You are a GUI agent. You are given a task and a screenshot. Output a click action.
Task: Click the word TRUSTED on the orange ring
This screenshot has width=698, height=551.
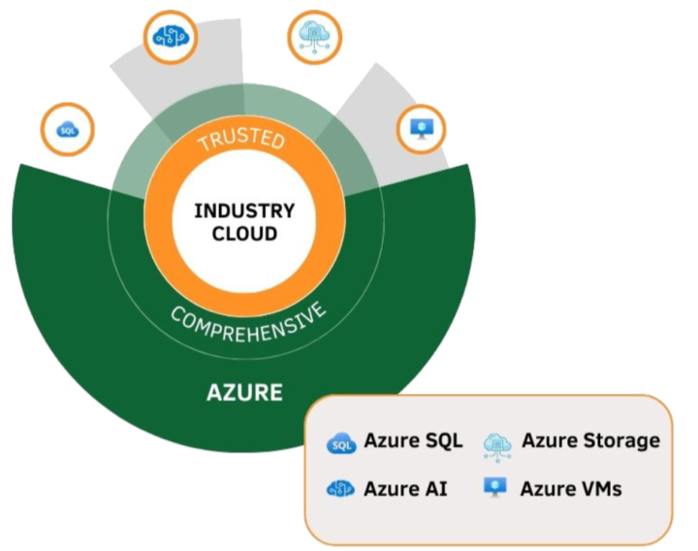241,141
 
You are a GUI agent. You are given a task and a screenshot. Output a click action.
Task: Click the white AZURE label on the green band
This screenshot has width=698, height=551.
244,393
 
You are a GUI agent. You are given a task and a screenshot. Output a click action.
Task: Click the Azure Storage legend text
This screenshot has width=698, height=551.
590,440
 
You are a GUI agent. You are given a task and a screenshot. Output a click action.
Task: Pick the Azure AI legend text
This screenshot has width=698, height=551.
405,488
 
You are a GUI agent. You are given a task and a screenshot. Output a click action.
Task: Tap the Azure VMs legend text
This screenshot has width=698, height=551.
570,488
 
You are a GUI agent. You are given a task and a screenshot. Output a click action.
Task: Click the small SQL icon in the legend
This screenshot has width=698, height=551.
341,443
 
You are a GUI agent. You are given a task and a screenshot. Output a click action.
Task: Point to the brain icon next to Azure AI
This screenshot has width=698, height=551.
341,489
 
